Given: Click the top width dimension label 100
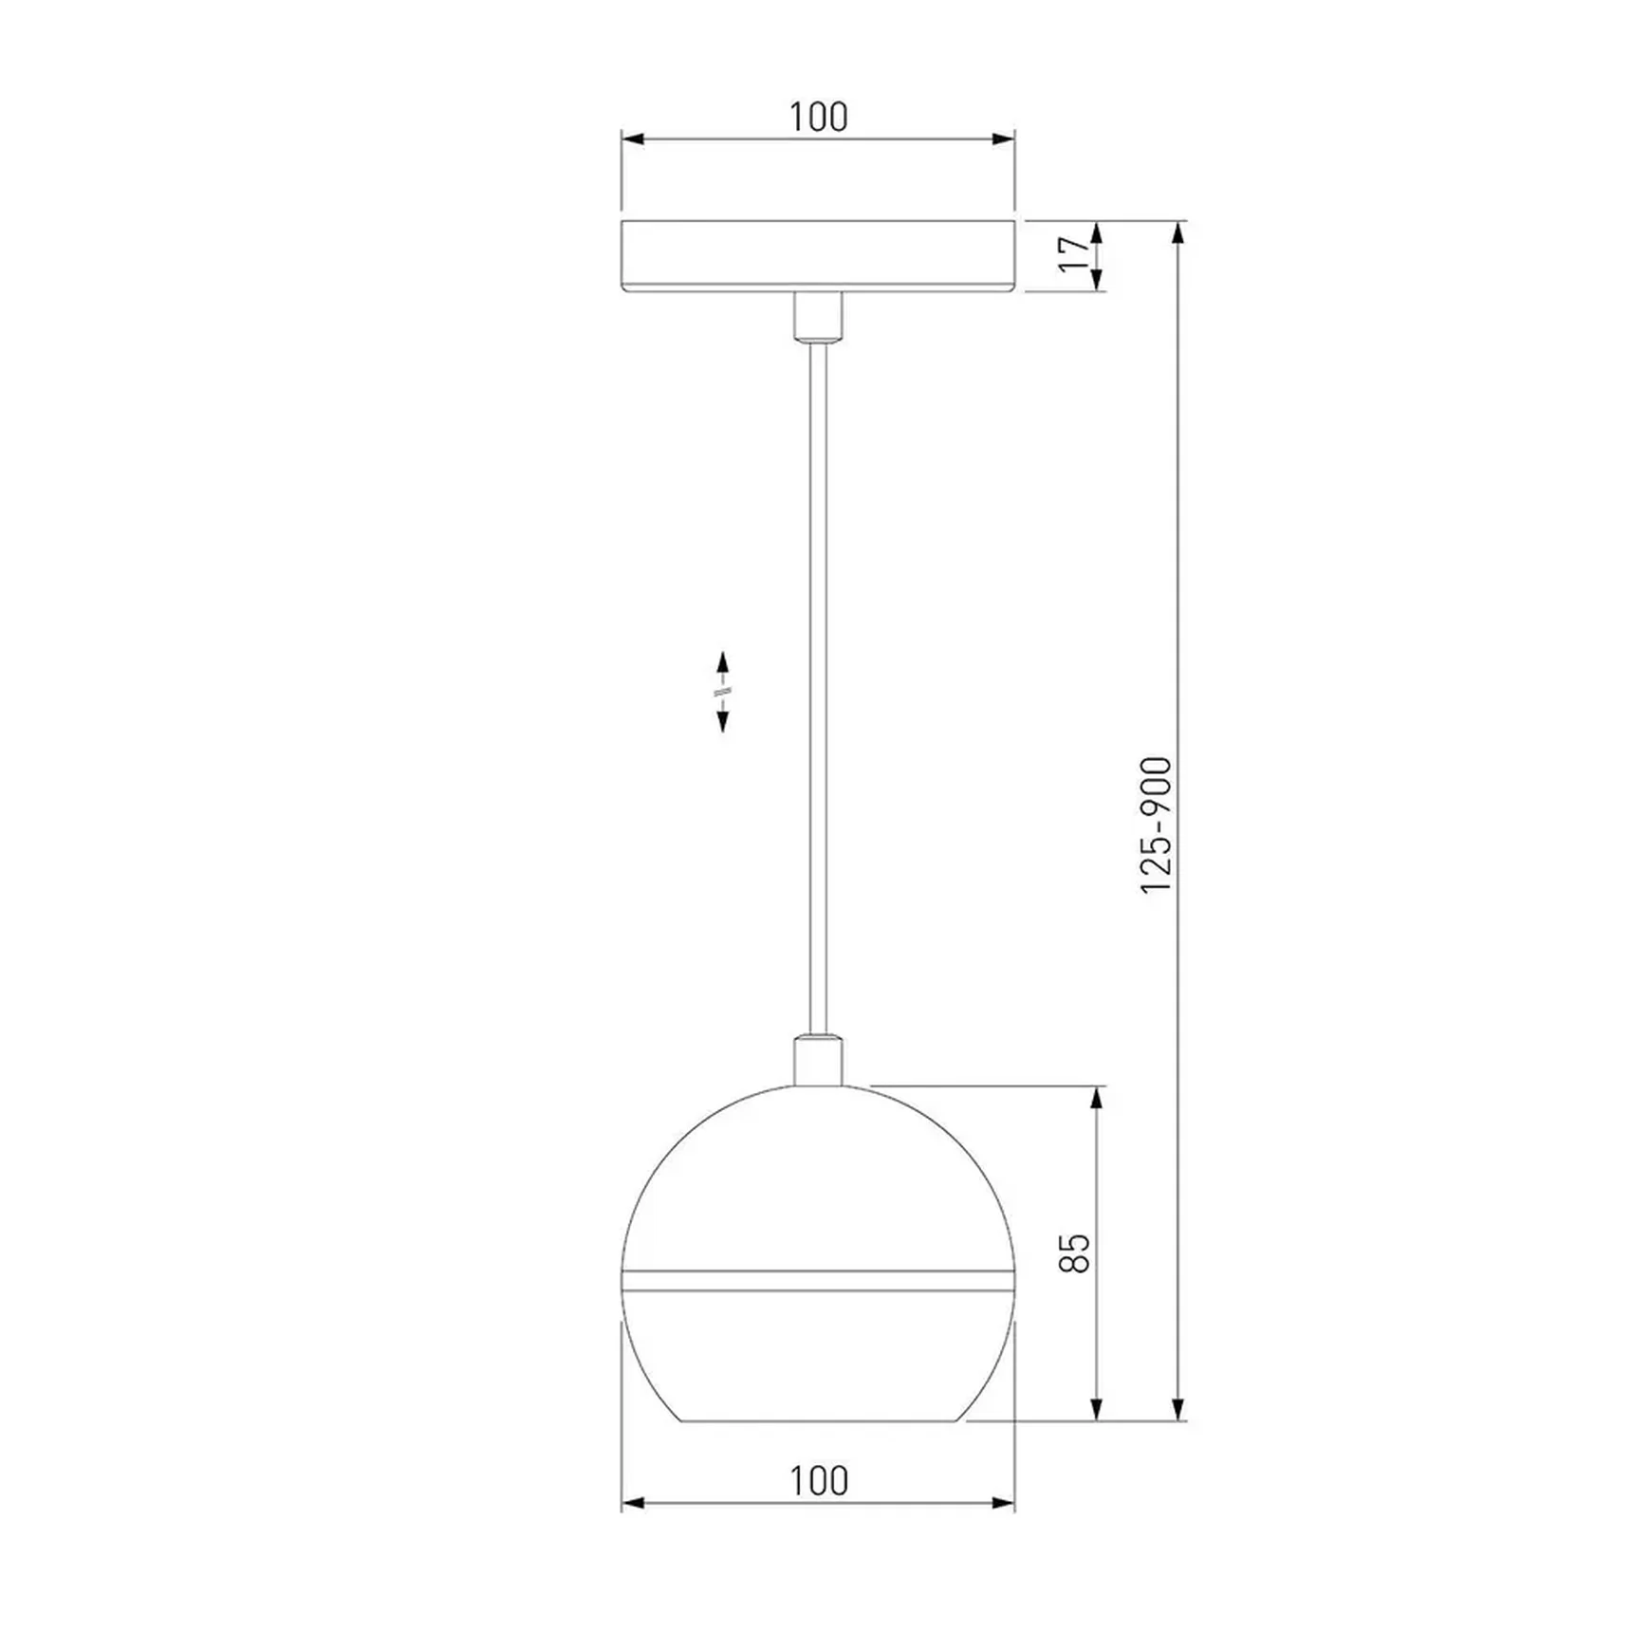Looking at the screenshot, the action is point(818,117).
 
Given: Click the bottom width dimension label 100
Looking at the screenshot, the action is point(818,1480).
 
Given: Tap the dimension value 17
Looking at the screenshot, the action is point(1074,253).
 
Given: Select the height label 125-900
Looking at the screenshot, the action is point(1156,825).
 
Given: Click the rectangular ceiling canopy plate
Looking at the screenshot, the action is point(818,256).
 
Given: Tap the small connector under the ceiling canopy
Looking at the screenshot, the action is point(818,316).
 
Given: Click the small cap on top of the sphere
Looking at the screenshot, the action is point(818,1061).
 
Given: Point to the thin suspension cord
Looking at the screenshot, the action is point(818,688).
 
